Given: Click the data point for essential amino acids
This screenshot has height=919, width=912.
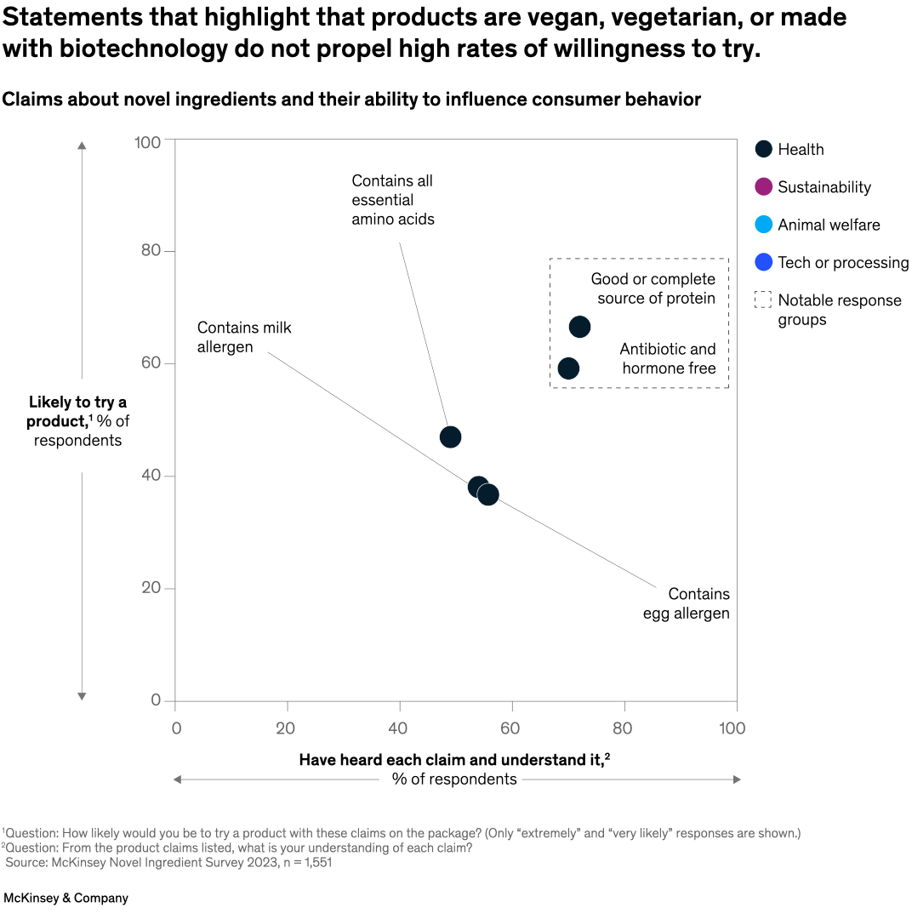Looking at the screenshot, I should pyautogui.click(x=450, y=437).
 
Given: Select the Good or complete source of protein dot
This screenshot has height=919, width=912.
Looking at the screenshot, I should pyautogui.click(x=579, y=327).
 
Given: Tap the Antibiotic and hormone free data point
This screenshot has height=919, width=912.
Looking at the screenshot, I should pyautogui.click(x=568, y=368).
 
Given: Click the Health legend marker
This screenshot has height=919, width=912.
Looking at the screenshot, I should pyautogui.click(x=763, y=149).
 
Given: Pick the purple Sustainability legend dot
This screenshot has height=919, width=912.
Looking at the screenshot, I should pyautogui.click(x=763, y=187).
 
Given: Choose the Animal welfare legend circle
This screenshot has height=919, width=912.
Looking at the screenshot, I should pyautogui.click(x=763, y=225).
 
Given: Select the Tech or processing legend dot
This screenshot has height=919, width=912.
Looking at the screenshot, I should pyautogui.click(x=763, y=263).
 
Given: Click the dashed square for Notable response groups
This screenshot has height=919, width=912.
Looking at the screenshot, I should pyautogui.click(x=763, y=300).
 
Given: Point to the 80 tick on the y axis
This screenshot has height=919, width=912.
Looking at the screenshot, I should pyautogui.click(x=151, y=252).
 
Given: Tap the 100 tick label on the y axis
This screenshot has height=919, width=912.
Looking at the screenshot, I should pyautogui.click(x=147, y=141).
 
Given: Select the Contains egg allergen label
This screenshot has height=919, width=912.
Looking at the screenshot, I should pyautogui.click(x=687, y=603).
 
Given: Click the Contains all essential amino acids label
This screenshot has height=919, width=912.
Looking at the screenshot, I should pyautogui.click(x=392, y=200).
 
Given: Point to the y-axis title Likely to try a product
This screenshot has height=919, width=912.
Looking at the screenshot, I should pyautogui.click(x=77, y=421).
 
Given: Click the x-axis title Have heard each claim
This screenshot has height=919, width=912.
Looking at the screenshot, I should pyautogui.click(x=454, y=760).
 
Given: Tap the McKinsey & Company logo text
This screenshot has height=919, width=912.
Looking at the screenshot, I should pyautogui.click(x=66, y=898).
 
